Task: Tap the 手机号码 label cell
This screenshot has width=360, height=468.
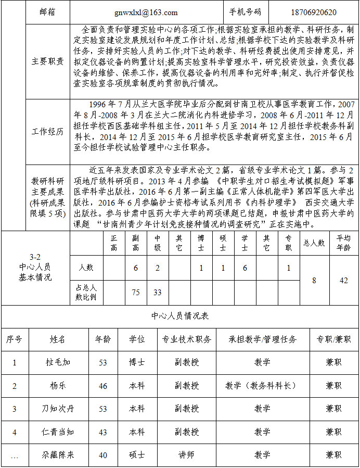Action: click(x=245, y=12)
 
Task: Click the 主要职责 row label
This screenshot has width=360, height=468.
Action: click(x=47, y=61)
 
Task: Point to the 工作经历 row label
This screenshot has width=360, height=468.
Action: click(x=47, y=131)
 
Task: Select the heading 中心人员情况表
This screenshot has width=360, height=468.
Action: click(x=180, y=316)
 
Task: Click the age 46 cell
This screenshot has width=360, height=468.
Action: click(x=103, y=386)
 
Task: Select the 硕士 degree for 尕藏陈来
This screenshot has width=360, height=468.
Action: click(x=137, y=455)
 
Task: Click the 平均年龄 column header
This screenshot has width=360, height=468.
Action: click(x=343, y=243)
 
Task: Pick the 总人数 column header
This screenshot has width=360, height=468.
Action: click(x=314, y=243)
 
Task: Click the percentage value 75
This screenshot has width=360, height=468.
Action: click(x=136, y=293)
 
